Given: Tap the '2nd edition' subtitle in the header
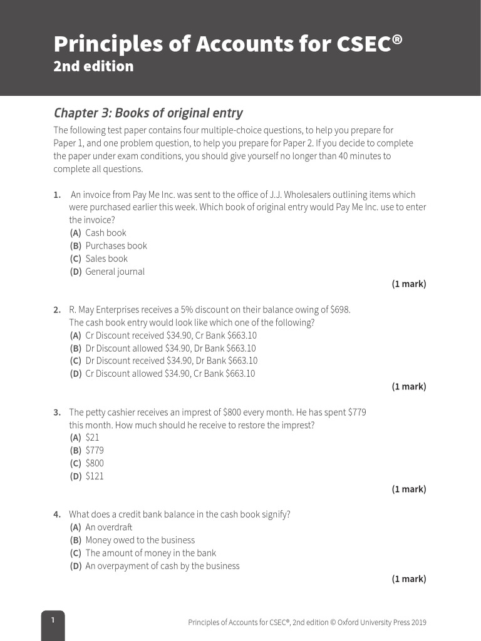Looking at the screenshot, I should pos(93,66).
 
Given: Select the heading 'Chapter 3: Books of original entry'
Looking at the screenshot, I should pos(148,113).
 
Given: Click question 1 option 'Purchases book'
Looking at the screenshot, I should pos(116,246).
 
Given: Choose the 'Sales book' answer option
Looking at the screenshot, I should pos(106,259).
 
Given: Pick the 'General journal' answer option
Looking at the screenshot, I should pos(115,272).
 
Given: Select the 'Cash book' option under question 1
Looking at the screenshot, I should pos(105,233).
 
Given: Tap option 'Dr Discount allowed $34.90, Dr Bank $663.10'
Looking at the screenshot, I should pos(170,348).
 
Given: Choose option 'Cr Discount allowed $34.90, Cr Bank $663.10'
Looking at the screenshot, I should pos(170,374).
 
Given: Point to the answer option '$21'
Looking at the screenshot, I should pos(92,438).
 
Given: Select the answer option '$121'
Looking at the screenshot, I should pos(95,476).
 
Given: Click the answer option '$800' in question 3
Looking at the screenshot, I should pos(95,463).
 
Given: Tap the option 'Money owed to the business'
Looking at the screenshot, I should pos(140,540).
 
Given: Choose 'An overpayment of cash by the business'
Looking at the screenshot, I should pos(162,566).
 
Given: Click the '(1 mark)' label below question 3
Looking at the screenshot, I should pos(409,490).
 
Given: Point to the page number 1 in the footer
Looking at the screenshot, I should pos(53,620).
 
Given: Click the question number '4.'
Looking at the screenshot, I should pos(57,515).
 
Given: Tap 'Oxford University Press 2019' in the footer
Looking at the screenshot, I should pos(382,622).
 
